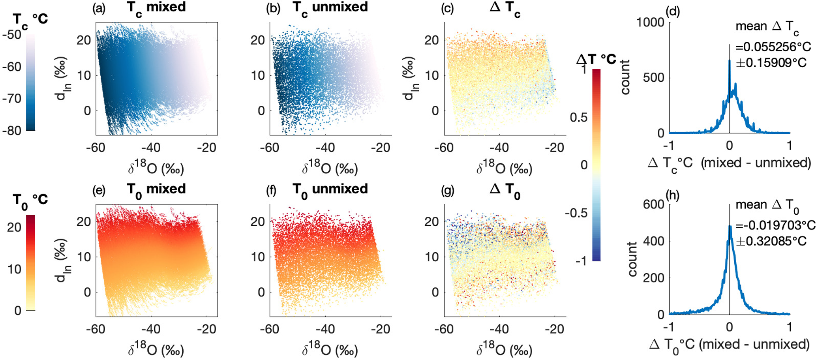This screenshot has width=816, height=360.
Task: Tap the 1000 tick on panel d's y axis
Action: point(651,22)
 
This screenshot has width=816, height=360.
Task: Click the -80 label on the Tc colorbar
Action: point(12,130)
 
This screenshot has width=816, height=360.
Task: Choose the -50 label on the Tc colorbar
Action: point(12,35)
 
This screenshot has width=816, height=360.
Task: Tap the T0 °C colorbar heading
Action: point(30,199)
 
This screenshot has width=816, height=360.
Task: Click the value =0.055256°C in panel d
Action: point(773,47)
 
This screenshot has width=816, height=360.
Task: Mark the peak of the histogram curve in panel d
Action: point(729,60)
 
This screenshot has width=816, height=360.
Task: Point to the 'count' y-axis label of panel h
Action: point(632,259)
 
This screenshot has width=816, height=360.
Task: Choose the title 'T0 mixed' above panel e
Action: point(156,189)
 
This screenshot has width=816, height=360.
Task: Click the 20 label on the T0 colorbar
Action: point(14,227)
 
